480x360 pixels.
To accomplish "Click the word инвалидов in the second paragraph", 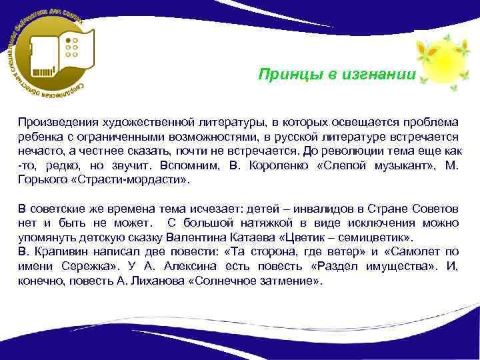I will [x=301, y=209].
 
